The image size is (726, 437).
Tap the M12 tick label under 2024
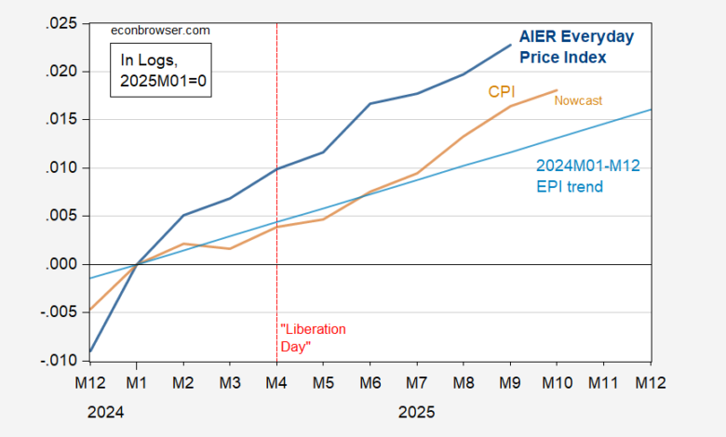(90, 381)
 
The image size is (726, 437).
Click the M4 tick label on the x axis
(276, 381)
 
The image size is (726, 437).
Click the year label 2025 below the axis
(416, 410)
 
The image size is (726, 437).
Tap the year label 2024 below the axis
(105, 410)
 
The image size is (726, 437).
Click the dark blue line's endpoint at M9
(511, 45)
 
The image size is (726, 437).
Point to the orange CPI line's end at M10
(557, 90)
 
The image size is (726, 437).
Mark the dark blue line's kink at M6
(370, 103)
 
